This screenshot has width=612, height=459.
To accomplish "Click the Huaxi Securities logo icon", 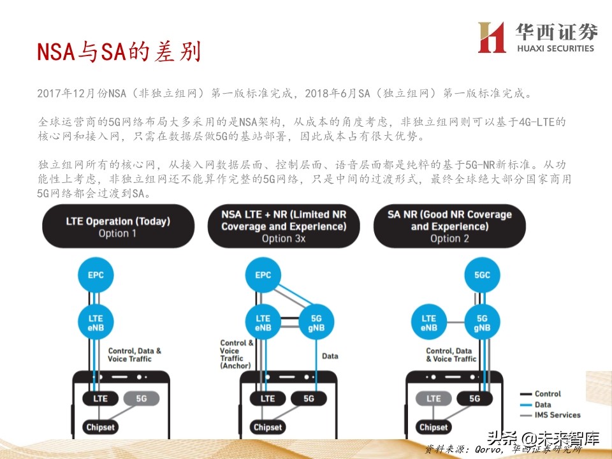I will (x=492, y=38).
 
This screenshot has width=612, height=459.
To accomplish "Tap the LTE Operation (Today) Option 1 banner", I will (x=118, y=227).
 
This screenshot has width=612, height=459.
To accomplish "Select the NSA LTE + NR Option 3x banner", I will (x=284, y=226).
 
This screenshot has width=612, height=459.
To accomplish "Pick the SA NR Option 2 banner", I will (x=449, y=226).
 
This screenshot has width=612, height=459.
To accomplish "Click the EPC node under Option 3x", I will (x=263, y=275).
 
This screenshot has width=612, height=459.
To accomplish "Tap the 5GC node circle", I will (x=482, y=275).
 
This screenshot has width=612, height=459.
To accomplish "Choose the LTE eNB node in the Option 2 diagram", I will (x=429, y=323).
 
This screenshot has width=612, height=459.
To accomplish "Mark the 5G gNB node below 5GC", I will (x=482, y=323).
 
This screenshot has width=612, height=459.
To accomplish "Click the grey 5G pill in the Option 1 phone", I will (x=142, y=398).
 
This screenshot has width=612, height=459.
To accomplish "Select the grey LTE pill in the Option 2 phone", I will (x=433, y=398).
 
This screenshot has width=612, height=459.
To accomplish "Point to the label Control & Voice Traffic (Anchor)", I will (x=237, y=354).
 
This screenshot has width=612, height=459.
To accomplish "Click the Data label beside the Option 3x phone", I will (x=330, y=356).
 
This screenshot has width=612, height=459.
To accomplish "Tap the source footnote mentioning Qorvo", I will (x=504, y=449).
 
